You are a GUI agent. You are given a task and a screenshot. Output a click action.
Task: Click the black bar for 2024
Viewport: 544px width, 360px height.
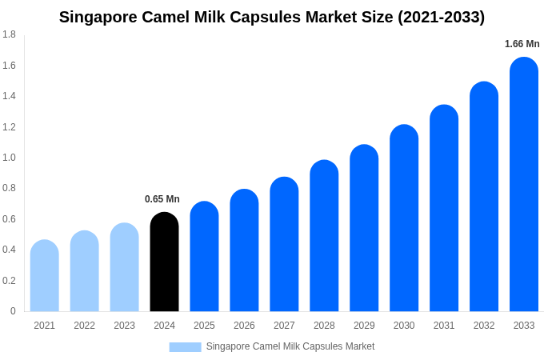(x=164, y=262)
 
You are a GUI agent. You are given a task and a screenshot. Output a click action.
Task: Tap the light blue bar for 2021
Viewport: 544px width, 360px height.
(x=45, y=276)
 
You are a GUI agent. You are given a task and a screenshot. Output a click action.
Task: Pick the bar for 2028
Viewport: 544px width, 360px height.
(x=324, y=236)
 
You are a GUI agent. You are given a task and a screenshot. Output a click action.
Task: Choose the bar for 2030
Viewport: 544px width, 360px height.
(x=404, y=218)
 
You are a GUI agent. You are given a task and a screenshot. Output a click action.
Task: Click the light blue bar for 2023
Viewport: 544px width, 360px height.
(x=124, y=267)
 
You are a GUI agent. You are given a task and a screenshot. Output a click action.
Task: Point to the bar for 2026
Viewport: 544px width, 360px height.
(x=244, y=250)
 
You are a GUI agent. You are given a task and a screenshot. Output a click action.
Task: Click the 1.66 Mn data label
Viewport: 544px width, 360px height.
(x=522, y=44)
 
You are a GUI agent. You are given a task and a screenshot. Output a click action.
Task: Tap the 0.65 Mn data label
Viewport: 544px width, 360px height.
(x=162, y=199)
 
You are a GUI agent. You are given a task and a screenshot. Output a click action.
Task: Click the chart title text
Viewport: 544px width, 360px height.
(x=272, y=17)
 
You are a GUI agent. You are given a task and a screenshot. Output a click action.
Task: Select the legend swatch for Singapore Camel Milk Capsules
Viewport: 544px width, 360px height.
(x=185, y=346)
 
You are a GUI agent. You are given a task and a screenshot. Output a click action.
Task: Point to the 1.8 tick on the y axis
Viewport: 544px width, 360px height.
(x=9, y=34)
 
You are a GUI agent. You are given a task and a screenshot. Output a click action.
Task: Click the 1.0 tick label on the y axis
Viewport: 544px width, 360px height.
(x=9, y=158)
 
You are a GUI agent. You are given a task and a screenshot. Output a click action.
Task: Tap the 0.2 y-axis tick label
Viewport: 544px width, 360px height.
(x=9, y=281)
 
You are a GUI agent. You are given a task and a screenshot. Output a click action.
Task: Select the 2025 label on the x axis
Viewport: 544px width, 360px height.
(x=204, y=326)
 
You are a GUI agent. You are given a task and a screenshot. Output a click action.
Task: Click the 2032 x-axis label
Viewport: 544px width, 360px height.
(x=484, y=326)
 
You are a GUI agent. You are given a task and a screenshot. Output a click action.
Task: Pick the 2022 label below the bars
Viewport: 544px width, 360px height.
(x=84, y=326)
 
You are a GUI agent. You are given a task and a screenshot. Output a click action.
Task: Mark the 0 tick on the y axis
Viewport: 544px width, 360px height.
(x=13, y=311)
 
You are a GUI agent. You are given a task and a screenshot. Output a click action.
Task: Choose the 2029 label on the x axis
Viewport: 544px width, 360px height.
(x=364, y=326)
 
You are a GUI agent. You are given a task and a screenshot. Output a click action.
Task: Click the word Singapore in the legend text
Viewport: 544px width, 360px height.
(x=227, y=346)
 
